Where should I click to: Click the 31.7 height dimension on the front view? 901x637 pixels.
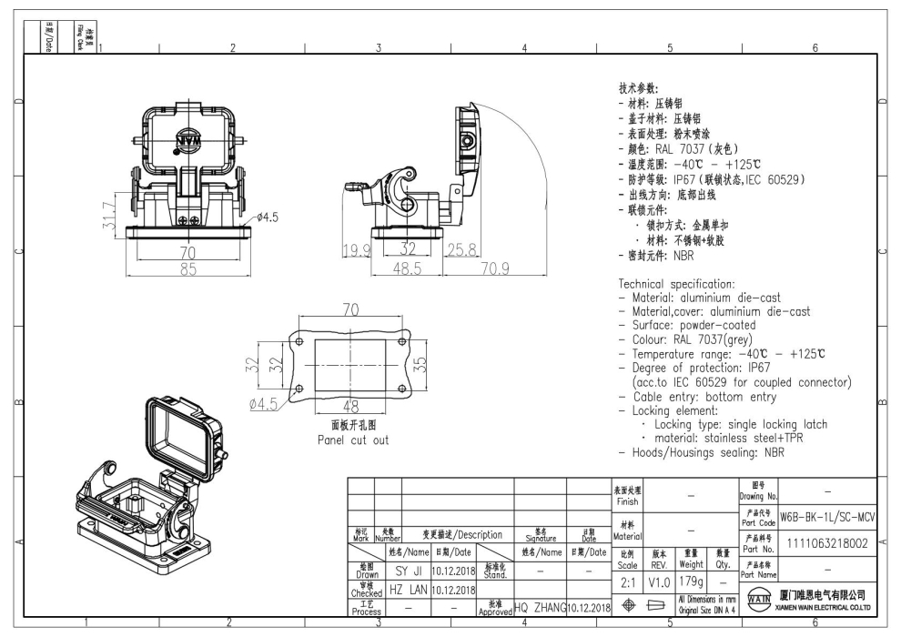point(108,216)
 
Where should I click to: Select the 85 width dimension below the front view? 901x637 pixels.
point(187,269)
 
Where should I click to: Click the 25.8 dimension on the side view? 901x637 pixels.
point(460,249)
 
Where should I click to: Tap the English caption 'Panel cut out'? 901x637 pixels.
point(352,440)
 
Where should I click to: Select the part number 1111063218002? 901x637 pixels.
point(827,542)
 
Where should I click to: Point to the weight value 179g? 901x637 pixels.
point(693,581)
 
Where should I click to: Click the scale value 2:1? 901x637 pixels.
point(628,581)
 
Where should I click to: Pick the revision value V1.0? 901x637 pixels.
point(660,581)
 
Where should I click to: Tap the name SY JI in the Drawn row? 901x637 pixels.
point(413,571)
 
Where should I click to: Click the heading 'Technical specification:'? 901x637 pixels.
point(683,284)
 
